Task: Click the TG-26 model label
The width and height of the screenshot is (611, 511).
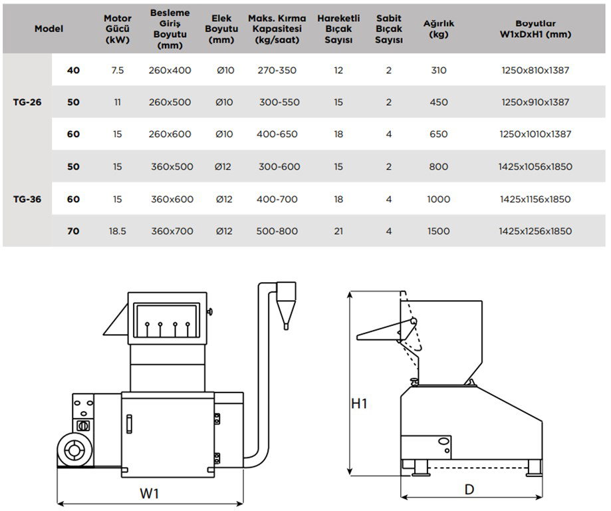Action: point(27,102)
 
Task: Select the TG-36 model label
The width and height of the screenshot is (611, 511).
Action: point(27,199)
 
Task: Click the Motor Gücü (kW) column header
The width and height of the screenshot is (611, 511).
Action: point(118,29)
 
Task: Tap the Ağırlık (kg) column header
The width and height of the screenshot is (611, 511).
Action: point(438,29)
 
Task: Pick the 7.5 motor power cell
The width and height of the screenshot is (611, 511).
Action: point(118,71)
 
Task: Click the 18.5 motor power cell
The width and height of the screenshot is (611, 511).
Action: point(118,232)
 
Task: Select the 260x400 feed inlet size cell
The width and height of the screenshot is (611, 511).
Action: point(171,71)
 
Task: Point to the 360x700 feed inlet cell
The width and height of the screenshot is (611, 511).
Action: point(172,232)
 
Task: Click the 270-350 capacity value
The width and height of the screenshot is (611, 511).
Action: point(277,71)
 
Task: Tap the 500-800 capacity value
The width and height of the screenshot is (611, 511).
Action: point(277,232)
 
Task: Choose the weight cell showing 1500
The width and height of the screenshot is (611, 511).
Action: point(439,232)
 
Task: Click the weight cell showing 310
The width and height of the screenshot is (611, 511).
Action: point(439,71)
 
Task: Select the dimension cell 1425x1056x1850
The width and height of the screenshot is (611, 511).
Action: point(535,167)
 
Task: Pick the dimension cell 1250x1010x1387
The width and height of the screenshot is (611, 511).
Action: point(535,134)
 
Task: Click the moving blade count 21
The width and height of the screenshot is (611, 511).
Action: point(338,232)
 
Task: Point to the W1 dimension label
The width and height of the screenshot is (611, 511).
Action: point(149,493)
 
